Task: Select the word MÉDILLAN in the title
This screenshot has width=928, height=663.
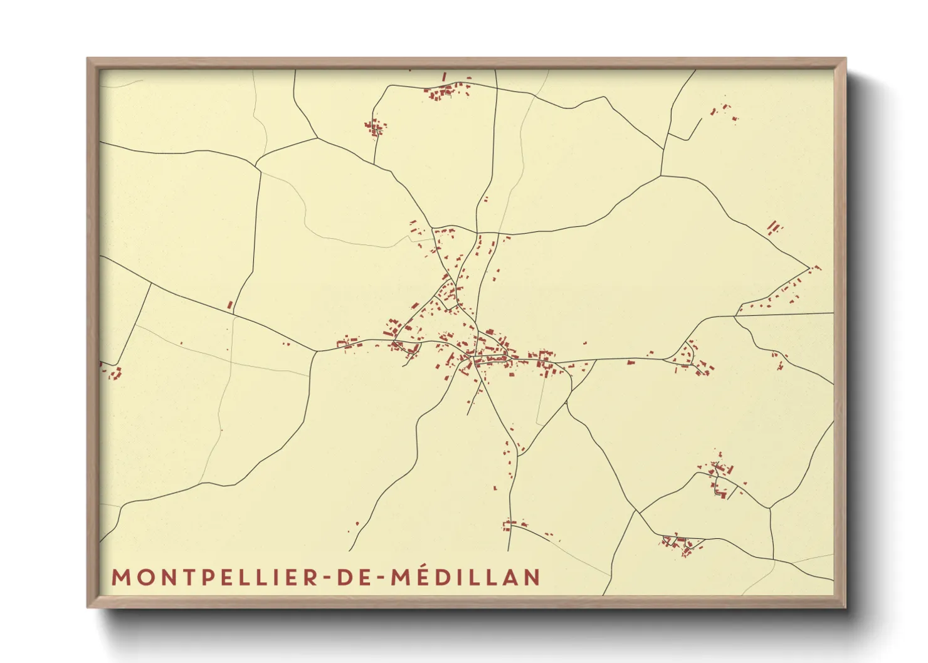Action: (465, 577)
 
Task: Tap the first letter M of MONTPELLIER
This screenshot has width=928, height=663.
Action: (120, 577)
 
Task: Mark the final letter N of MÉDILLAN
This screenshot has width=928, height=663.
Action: (532, 577)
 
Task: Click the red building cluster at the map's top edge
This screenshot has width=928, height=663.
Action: (448, 92)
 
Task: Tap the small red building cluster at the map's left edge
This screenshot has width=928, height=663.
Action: (113, 373)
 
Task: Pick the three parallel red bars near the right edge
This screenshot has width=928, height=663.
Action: (775, 227)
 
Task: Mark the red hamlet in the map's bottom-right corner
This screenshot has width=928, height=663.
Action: (680, 545)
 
